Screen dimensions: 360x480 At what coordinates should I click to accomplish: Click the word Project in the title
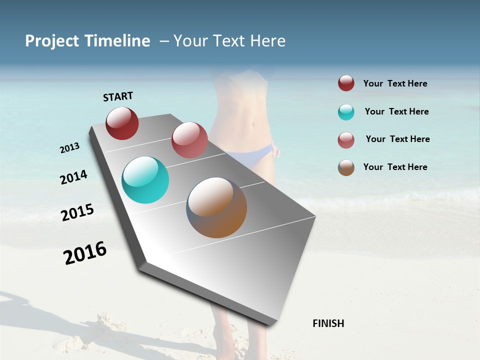pyautogui.click(x=51, y=41)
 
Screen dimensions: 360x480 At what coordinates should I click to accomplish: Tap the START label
pyautogui.click(x=118, y=96)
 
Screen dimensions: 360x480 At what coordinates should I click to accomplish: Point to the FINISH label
pyautogui.click(x=328, y=323)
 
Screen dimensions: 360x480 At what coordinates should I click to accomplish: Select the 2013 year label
pyautogui.click(x=69, y=148)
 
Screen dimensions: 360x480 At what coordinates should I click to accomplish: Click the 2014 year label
pyautogui.click(x=73, y=177)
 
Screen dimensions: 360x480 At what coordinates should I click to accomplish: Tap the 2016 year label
pyautogui.click(x=85, y=253)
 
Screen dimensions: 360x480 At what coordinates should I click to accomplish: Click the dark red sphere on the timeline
pyautogui.click(x=122, y=123)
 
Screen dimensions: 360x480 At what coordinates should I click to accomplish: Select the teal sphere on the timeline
pyautogui.click(x=145, y=180)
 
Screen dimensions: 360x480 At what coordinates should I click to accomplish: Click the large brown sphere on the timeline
pyautogui.click(x=216, y=207)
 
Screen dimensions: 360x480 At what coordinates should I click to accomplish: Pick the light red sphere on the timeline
pyautogui.click(x=189, y=140)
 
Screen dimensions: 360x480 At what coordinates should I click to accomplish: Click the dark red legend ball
pyautogui.click(x=346, y=83)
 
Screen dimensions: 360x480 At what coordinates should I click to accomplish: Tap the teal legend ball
pyautogui.click(x=346, y=112)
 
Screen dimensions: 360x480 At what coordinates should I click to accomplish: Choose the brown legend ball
pyautogui.click(x=346, y=167)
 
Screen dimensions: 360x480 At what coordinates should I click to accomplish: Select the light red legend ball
pyautogui.click(x=346, y=140)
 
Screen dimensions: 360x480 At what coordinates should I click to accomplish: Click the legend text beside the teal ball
pyautogui.click(x=396, y=111)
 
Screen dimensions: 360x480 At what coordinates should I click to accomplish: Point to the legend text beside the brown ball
pyautogui.click(x=395, y=167)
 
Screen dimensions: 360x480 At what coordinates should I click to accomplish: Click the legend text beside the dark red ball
pyautogui.click(x=395, y=83)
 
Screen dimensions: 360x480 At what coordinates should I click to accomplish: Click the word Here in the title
pyautogui.click(x=268, y=41)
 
